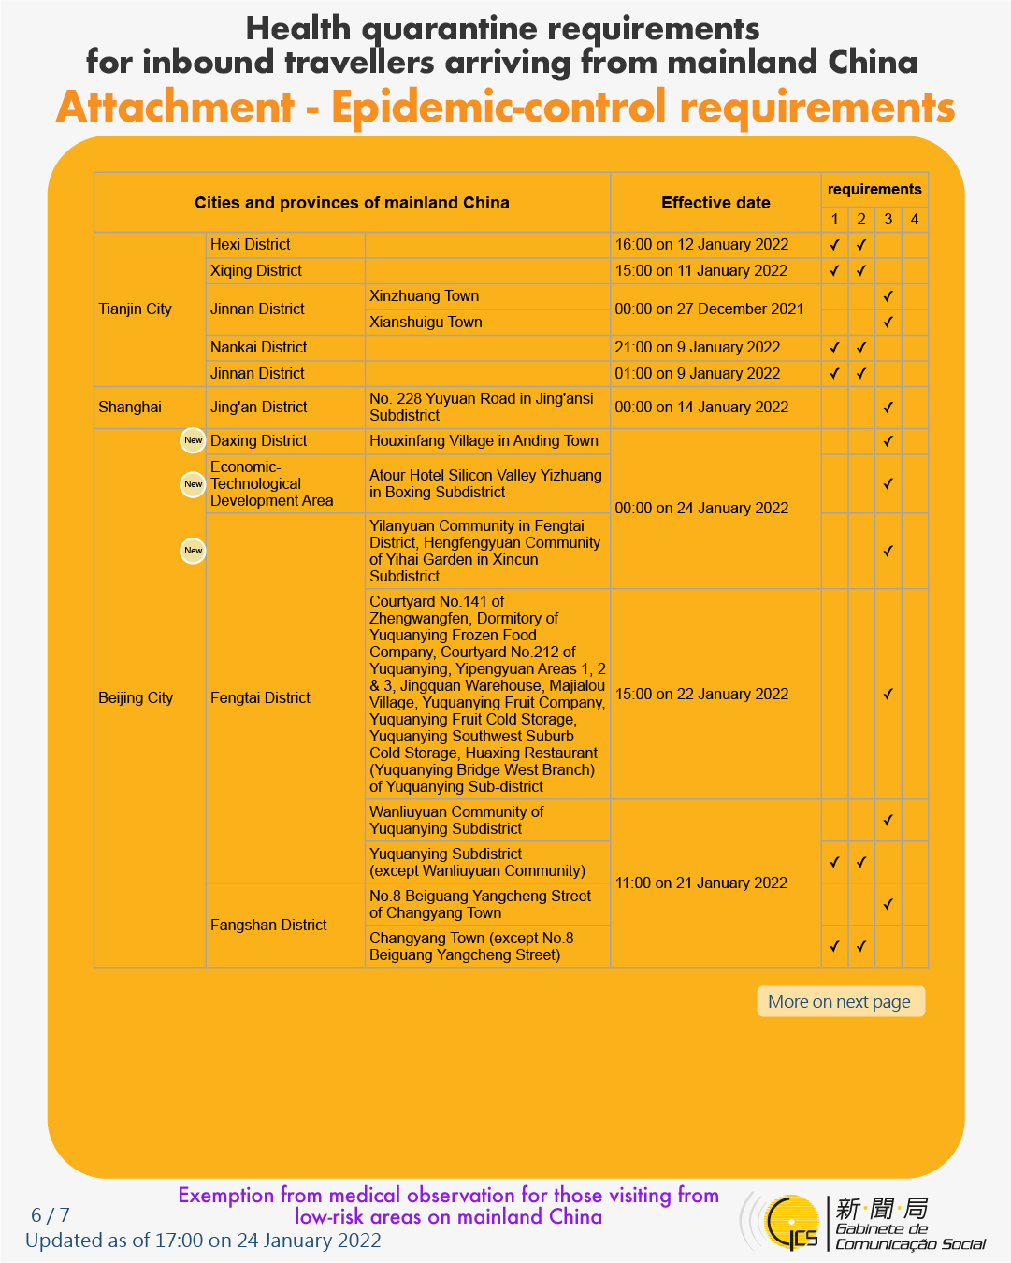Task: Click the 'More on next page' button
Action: [x=840, y=1001]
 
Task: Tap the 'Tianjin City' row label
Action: [x=136, y=309]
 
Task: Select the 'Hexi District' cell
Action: [x=251, y=244]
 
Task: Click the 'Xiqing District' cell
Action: [x=256, y=270]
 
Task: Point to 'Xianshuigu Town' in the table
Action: [x=426, y=322]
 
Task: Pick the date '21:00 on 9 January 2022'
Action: [x=698, y=347]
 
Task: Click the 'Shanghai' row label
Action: [x=130, y=407]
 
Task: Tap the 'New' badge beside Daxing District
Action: [x=193, y=440]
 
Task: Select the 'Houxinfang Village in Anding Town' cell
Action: [x=484, y=440]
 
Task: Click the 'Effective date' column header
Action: [x=715, y=203]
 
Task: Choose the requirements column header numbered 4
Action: [x=914, y=219]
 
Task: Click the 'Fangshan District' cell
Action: [x=268, y=925]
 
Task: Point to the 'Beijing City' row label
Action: [x=136, y=697]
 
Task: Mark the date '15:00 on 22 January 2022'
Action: [x=701, y=694]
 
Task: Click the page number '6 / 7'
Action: [x=51, y=1215]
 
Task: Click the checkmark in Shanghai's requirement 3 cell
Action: [x=888, y=408]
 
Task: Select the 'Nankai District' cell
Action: [x=259, y=347]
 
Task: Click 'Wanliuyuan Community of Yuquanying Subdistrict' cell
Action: [x=456, y=820]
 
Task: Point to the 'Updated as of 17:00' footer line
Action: [x=203, y=1241]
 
